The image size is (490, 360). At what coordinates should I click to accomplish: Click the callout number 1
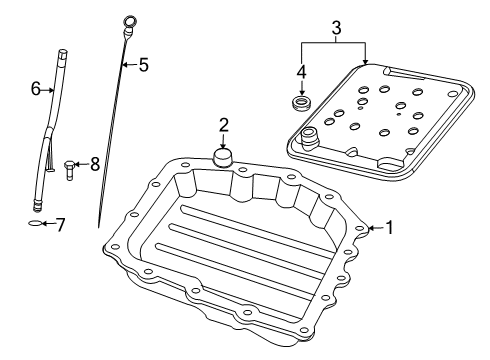(x=389, y=228)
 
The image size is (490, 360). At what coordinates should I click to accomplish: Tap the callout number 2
(x=224, y=125)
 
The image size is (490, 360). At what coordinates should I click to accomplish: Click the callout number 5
(x=143, y=66)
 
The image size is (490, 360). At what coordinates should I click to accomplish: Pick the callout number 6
(x=35, y=89)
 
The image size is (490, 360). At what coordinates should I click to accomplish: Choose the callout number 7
(x=60, y=224)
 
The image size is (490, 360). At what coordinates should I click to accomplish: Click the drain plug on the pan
(x=223, y=158)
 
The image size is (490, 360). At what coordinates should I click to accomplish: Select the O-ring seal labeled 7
(x=35, y=225)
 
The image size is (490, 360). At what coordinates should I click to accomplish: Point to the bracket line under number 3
(x=335, y=43)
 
